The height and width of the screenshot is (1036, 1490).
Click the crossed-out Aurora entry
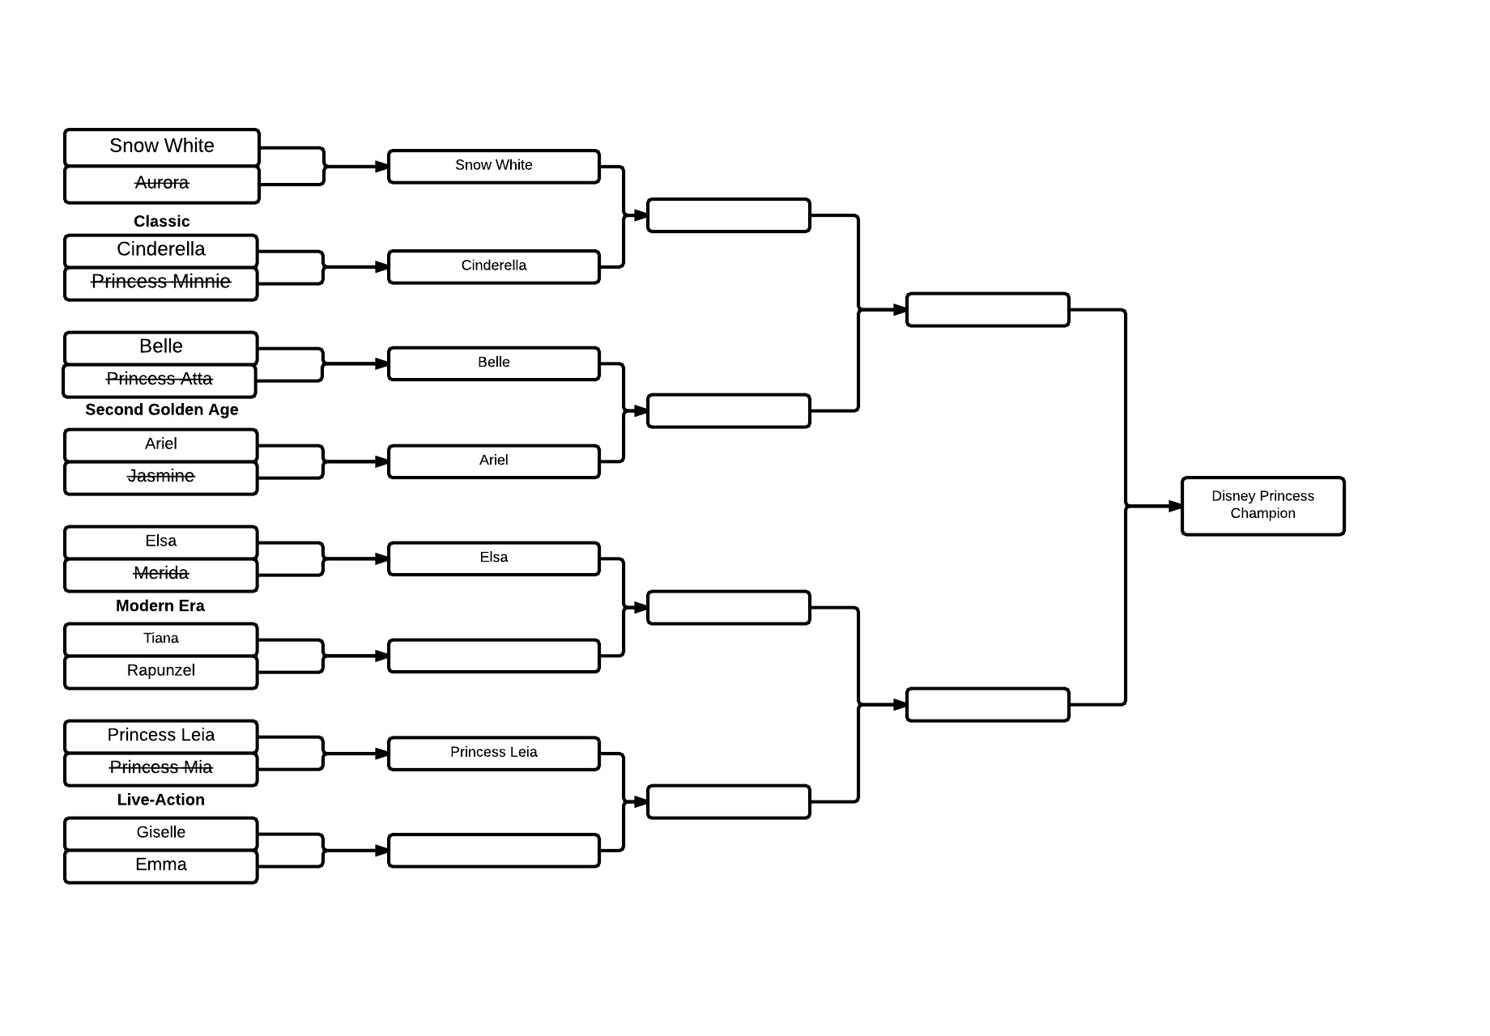click(162, 185)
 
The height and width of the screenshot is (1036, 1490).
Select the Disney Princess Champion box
click(1262, 506)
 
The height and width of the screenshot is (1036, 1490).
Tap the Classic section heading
click(162, 221)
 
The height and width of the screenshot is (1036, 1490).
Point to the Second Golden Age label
click(162, 410)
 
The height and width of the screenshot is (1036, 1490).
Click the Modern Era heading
click(160, 605)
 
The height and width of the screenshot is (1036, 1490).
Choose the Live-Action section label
click(161, 800)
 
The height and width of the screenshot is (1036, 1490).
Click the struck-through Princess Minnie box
click(161, 283)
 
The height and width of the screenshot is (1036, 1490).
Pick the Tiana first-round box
click(161, 639)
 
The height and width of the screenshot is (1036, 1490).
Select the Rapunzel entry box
click(161, 672)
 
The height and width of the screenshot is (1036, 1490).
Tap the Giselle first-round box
click(161, 834)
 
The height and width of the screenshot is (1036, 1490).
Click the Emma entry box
click(161, 866)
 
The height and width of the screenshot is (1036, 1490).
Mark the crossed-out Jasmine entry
click(161, 478)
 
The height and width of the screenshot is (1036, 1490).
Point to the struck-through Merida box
click(161, 575)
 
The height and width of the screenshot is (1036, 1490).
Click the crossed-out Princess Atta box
click(160, 380)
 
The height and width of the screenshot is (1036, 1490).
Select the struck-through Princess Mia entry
click(161, 769)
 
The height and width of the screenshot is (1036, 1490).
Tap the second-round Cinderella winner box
click(494, 267)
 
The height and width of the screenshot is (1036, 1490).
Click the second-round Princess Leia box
click(494, 754)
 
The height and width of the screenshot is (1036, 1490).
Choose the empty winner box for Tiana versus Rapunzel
click(494, 656)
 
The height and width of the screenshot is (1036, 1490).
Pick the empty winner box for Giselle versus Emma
click(494, 851)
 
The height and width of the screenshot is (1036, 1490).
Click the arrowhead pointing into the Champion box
click(1175, 507)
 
